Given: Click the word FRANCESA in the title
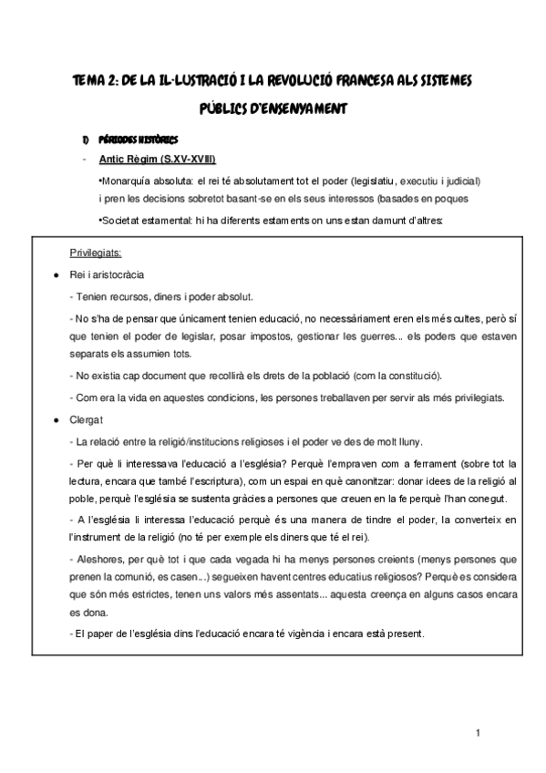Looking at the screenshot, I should tap(339, 81).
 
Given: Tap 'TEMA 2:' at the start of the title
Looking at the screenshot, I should tap(98, 81).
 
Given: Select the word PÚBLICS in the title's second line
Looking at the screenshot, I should tap(227, 108).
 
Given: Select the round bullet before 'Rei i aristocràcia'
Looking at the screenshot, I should tap(57, 274).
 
